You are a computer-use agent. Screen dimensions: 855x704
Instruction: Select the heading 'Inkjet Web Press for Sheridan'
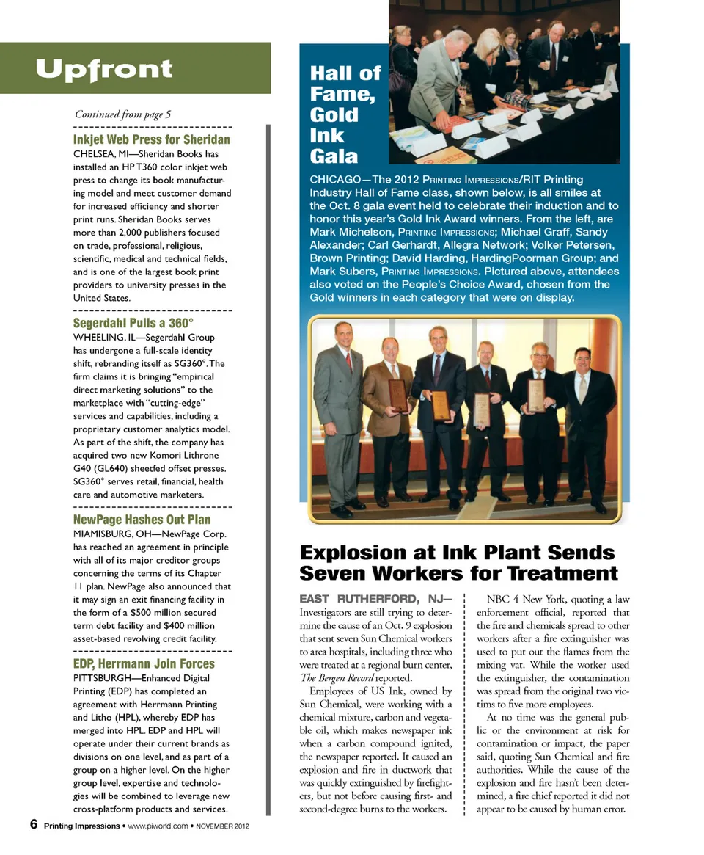(151, 139)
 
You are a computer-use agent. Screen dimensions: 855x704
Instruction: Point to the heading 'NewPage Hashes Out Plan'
(142, 519)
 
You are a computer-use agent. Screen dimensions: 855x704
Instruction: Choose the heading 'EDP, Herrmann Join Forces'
(144, 663)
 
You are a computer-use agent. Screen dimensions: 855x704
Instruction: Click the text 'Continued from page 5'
(122, 114)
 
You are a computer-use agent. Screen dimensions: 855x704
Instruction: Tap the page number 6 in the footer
(34, 825)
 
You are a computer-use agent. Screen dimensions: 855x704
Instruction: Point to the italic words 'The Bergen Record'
(338, 677)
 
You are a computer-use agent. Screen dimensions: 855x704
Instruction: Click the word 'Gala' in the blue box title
(334, 156)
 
